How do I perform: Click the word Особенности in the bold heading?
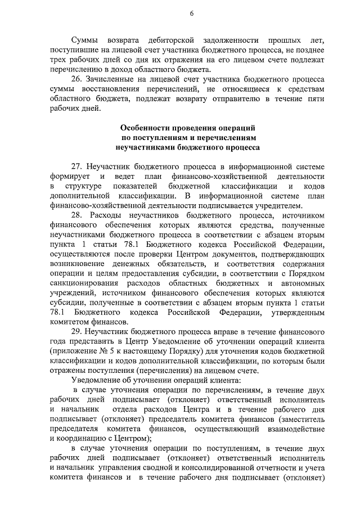tap(147, 128)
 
